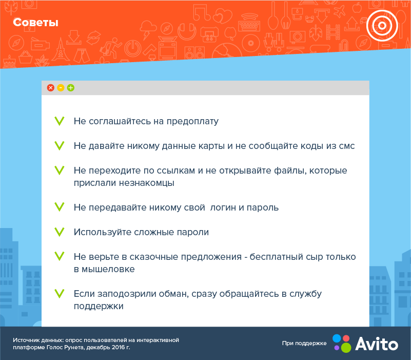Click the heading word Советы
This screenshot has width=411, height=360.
(35, 23)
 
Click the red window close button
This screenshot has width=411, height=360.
(50, 88)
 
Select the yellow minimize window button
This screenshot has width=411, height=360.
(61, 88)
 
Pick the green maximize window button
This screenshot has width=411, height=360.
(71, 88)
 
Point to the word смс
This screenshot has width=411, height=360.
(346, 146)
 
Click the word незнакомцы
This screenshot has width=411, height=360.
(149, 182)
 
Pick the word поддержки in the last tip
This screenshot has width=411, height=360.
(99, 306)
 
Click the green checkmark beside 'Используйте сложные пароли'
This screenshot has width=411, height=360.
(60, 232)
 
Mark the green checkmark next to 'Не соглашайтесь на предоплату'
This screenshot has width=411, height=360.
(60, 121)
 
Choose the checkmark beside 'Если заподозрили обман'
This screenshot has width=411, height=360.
(60, 294)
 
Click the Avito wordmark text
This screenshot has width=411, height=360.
(377, 343)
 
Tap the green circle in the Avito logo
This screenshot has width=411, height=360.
(346, 348)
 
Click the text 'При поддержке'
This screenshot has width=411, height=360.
(304, 343)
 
